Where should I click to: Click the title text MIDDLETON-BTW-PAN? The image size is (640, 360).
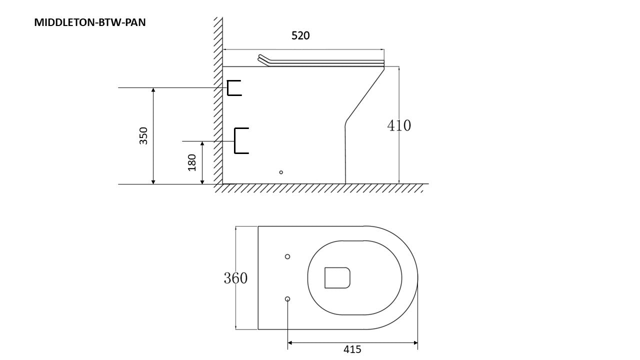[x=90, y=22]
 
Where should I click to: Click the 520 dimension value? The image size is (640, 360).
[x=300, y=36]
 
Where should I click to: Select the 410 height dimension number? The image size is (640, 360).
[x=399, y=125]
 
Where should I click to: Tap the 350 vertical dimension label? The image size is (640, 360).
[x=144, y=135]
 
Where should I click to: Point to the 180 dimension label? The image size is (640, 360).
[x=192, y=162]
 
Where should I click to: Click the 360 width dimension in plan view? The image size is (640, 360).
[x=235, y=278]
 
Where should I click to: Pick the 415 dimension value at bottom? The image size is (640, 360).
[x=352, y=349]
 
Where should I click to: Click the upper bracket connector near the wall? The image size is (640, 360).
[x=233, y=87]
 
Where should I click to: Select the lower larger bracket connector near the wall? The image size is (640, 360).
[x=241, y=140]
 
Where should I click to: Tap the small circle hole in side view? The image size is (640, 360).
[x=281, y=172]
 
